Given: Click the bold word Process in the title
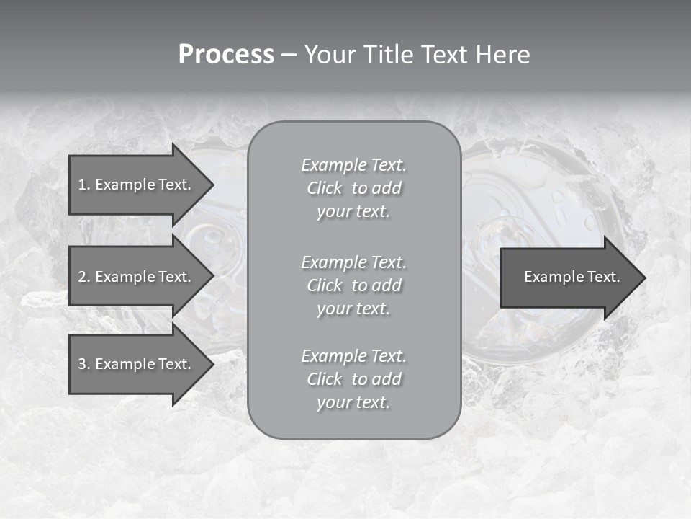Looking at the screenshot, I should (x=226, y=55).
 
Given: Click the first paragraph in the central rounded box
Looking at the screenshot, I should (x=353, y=188).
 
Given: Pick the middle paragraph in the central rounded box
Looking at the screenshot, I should (x=353, y=285).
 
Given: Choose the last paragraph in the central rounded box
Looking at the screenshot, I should (x=353, y=379).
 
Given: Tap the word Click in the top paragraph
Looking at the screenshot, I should (x=325, y=188).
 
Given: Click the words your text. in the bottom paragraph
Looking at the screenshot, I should (x=353, y=402).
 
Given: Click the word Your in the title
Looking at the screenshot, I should (x=331, y=55).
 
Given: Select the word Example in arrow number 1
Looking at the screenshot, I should (x=124, y=185).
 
